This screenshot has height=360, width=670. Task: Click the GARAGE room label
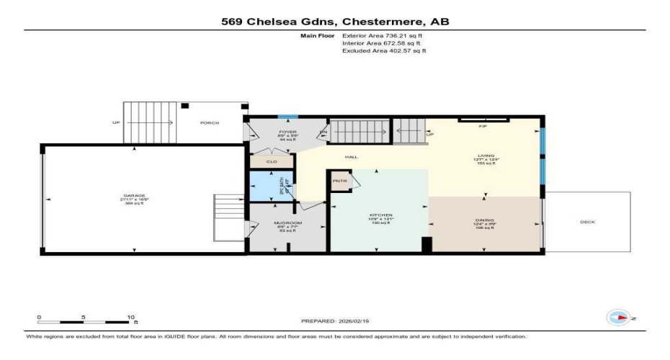click(x=134, y=196)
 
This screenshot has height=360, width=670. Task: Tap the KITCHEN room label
click(x=380, y=215)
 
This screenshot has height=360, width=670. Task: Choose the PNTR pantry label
click(x=339, y=181)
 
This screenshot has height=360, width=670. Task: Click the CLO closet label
click(x=272, y=162)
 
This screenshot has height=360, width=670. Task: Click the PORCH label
click(x=210, y=122)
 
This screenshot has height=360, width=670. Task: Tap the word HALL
click(x=352, y=156)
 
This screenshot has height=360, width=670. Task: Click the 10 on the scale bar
click(x=131, y=316)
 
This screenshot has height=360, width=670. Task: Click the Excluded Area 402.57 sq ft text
click(x=384, y=51)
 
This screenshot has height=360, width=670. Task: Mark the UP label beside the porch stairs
click(x=116, y=122)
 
